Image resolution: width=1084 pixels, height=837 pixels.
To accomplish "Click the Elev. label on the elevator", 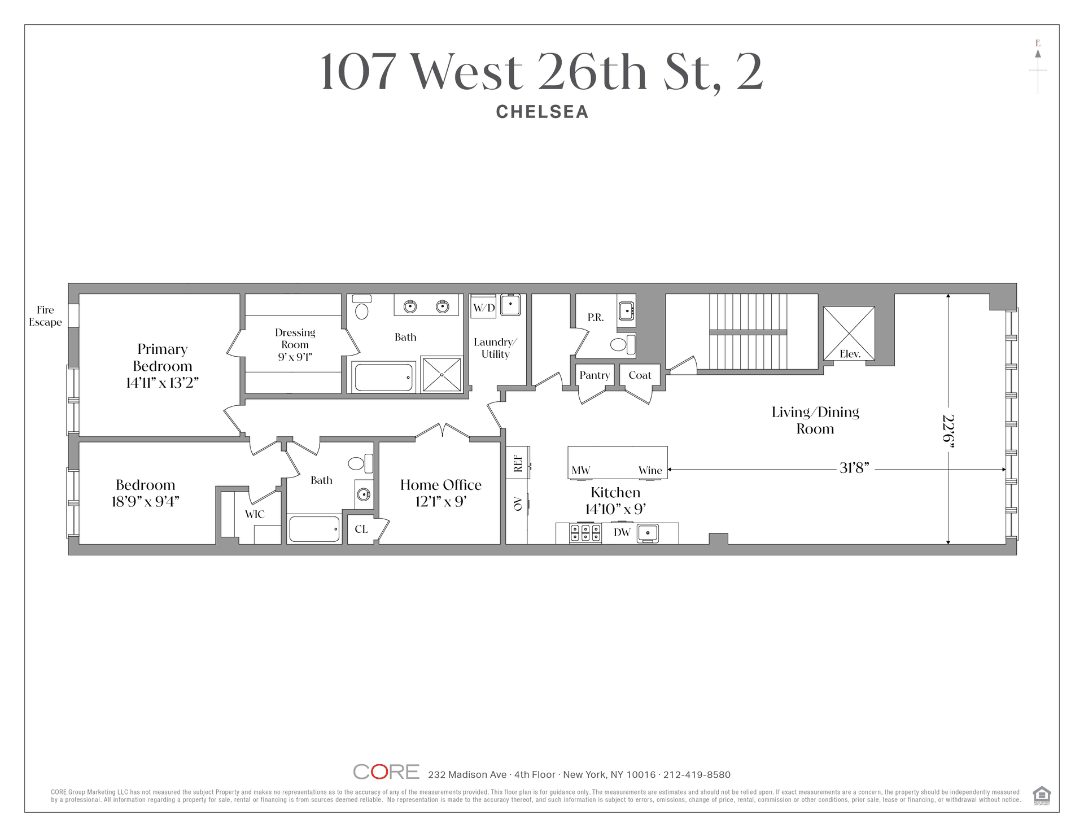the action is (850, 354).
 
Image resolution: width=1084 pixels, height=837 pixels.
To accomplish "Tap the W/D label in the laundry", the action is (484, 308).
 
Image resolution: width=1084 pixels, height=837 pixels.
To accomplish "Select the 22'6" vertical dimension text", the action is (948, 432).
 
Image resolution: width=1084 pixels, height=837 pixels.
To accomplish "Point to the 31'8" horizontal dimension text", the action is (854, 468).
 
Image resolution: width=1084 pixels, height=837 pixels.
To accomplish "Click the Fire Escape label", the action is (45, 316).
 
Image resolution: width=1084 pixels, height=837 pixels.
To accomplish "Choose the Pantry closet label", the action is (595, 375).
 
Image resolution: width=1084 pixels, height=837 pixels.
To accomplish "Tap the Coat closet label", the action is (640, 375).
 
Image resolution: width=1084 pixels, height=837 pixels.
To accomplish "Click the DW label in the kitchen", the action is (622, 532).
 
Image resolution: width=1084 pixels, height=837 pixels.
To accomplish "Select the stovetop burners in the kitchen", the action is (585, 533).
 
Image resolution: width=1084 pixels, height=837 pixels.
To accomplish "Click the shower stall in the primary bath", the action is (442, 374).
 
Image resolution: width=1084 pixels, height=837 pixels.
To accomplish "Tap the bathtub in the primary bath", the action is (383, 377).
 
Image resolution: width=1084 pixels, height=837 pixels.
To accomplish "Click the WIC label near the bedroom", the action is (255, 514).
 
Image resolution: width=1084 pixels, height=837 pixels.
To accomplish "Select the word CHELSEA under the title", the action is (542, 112).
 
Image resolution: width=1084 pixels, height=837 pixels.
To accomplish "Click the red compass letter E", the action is (1038, 43).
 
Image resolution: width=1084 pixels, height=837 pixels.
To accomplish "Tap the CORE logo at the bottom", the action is (386, 772).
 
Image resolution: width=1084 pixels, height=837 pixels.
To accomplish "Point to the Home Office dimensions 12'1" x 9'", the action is (441, 502).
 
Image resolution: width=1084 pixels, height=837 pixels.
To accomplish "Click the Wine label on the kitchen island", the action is (650, 470).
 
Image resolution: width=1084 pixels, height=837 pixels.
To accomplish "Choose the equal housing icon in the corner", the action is (1042, 795).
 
